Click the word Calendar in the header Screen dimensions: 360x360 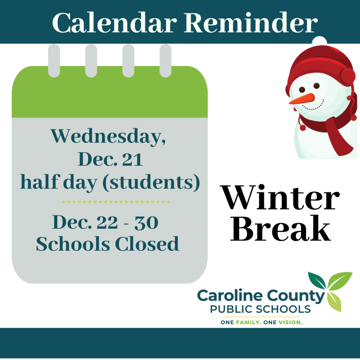click(115, 23)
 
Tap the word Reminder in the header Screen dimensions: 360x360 click(251, 23)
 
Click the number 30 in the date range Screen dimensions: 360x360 click(146, 223)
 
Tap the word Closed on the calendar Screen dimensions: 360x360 click(147, 244)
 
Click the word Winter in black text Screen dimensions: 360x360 click(280, 198)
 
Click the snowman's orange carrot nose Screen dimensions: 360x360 click(302, 99)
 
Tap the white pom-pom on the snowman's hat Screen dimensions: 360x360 click(319, 41)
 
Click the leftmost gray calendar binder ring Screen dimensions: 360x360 click(54, 60)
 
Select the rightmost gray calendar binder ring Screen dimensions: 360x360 click(165, 60)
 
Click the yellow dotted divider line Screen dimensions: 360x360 click(116, 202)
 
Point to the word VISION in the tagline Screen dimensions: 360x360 click(290, 322)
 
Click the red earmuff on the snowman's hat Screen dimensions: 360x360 click(348, 77)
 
